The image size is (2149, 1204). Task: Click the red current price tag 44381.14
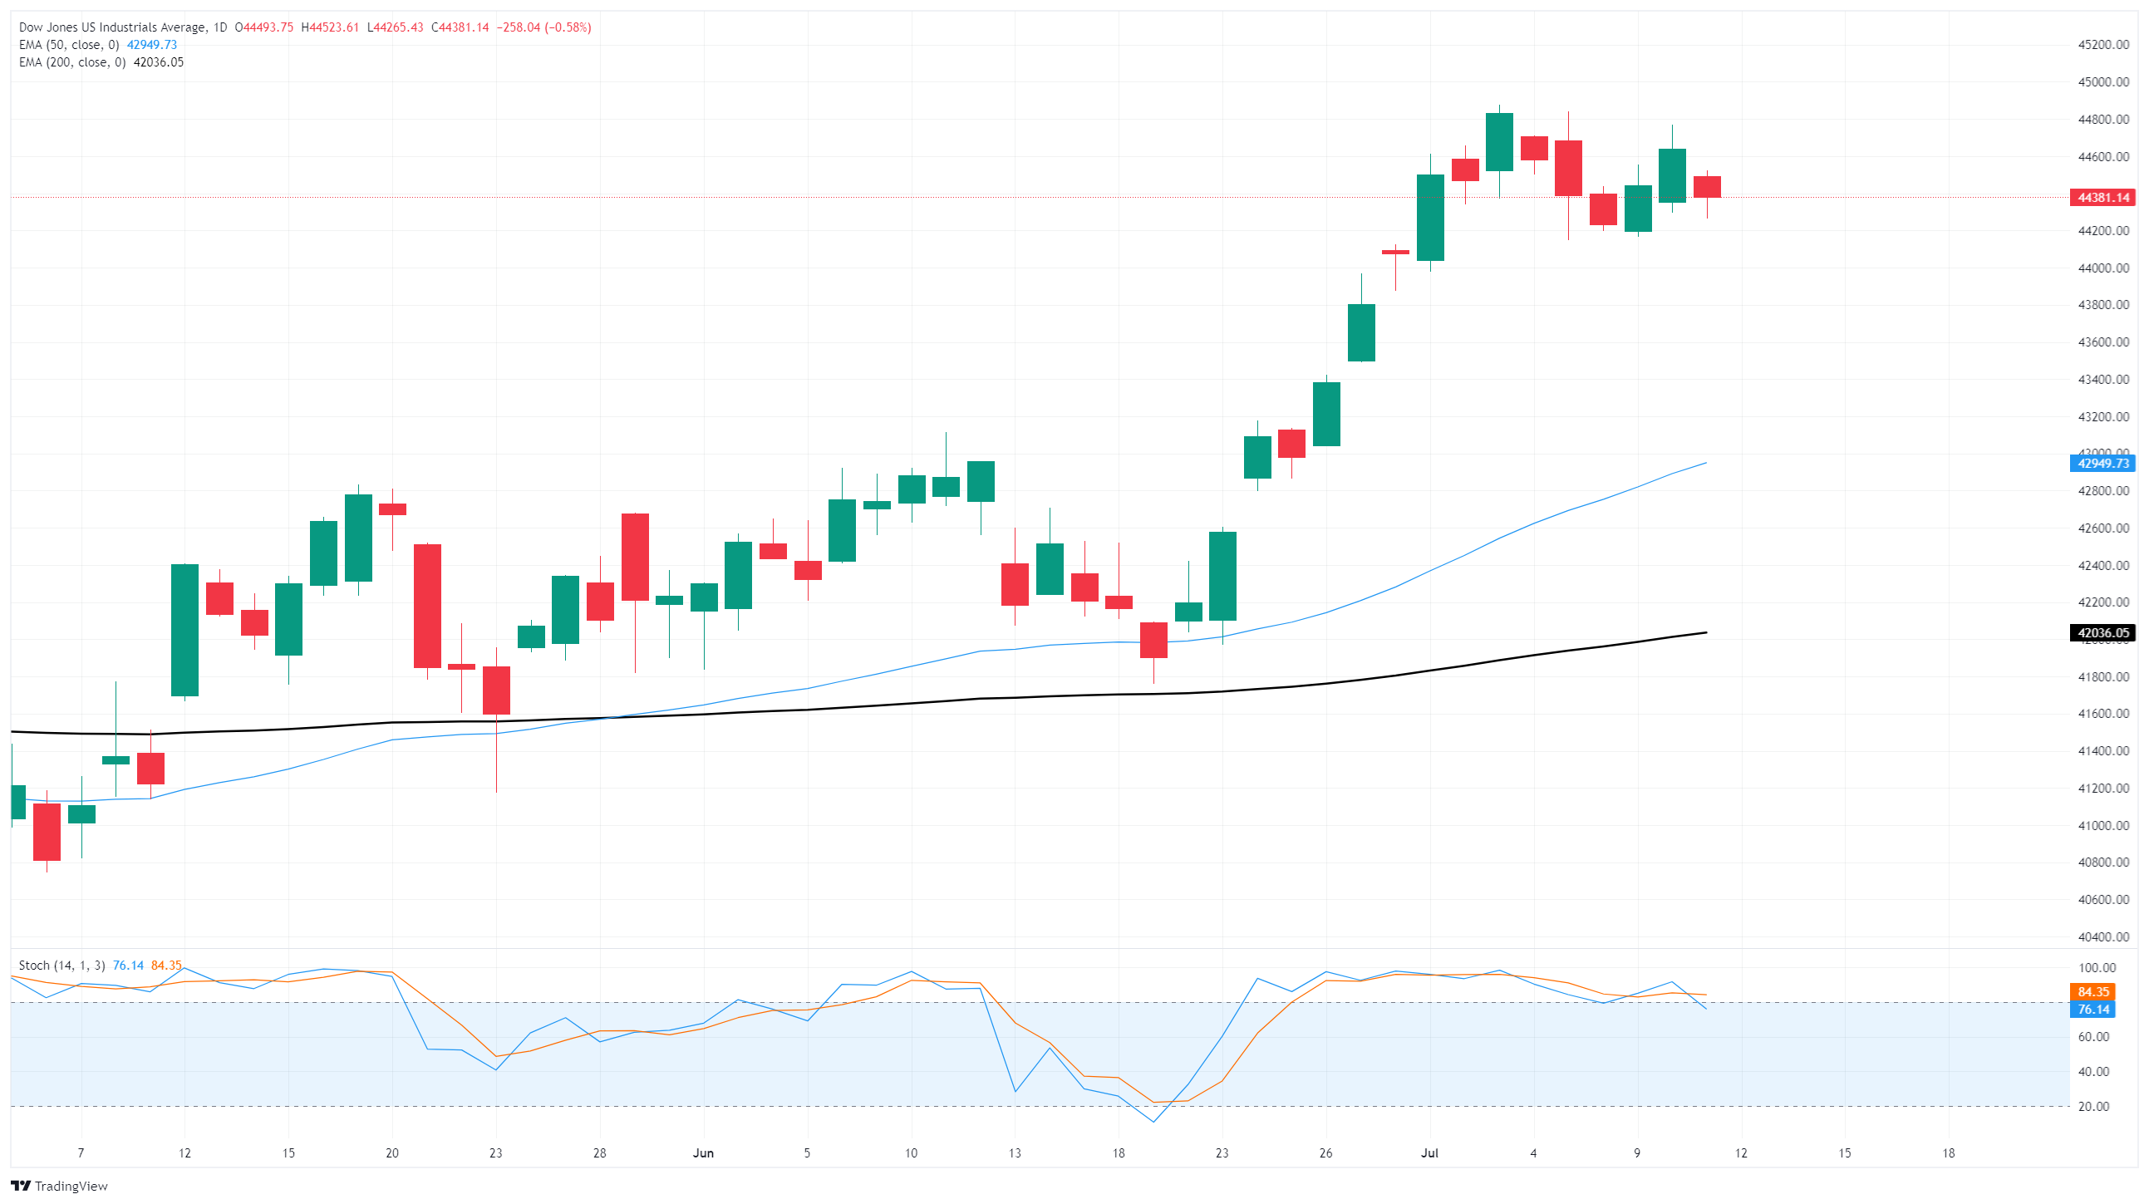pos(2102,198)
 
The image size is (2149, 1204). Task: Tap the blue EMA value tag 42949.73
pos(2102,463)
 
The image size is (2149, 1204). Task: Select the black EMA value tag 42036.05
pos(2102,632)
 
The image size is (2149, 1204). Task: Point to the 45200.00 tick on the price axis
pos(2103,45)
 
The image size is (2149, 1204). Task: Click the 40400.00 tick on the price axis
pos(2103,937)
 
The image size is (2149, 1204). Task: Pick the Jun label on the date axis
pos(703,1153)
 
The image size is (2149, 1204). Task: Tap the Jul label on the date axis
pos(1430,1153)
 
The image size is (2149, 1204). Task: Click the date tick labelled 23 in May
pos(495,1153)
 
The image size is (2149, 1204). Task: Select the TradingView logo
pos(59,1186)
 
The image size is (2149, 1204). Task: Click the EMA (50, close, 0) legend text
pos(68,45)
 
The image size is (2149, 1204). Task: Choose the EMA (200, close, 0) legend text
pos(71,62)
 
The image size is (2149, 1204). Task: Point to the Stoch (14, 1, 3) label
pos(61,966)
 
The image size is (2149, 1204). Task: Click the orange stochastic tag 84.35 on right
pos(2093,992)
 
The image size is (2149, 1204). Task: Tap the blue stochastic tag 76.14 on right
pos(2093,1010)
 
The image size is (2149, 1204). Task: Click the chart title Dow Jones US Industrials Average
pos(113,27)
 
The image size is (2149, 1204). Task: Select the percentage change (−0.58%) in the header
pos(568,27)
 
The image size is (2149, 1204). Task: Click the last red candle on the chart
pos(1707,187)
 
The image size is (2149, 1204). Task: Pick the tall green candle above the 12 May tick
pos(184,630)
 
